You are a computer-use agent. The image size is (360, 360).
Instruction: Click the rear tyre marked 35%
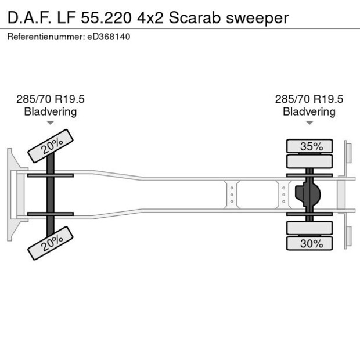click(311, 146)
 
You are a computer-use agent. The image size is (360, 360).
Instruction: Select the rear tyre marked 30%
click(311, 244)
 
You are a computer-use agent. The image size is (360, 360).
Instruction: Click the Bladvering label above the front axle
click(51, 111)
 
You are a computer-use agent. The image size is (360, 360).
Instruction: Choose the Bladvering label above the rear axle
click(309, 111)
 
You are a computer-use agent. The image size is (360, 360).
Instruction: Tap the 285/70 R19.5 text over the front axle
click(51, 99)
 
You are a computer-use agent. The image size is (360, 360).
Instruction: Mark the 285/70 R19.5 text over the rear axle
click(309, 99)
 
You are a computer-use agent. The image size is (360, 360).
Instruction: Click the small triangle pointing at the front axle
click(51, 123)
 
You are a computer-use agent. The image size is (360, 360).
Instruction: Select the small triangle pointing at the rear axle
click(309, 123)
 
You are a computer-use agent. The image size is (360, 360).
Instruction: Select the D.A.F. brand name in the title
click(26, 17)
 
